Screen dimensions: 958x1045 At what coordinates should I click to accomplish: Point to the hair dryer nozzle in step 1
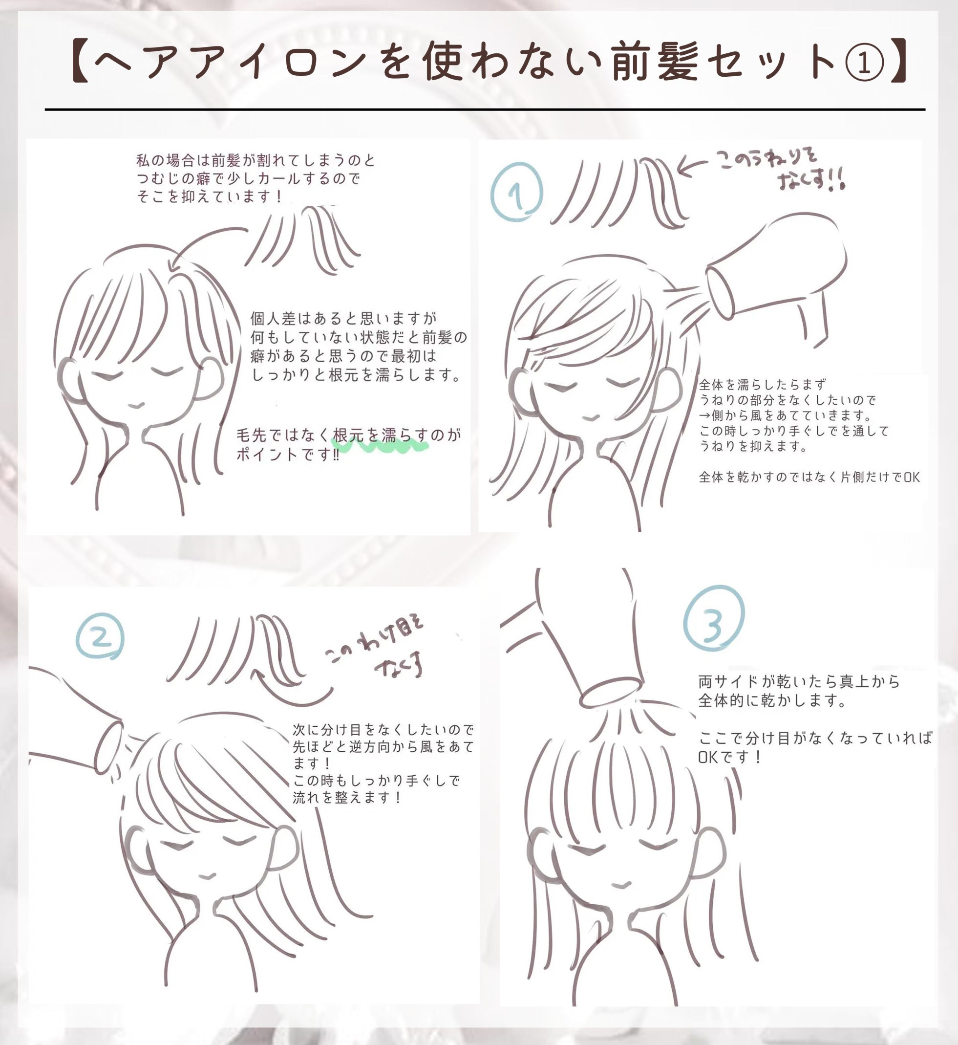pyautogui.click(x=722, y=292)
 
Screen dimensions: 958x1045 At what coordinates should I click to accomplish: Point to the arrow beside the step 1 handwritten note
pyautogui.click(x=692, y=167)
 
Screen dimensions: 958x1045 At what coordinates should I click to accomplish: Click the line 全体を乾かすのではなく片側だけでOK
pyautogui.click(x=809, y=477)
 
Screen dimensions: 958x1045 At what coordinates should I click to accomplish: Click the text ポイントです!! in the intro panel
pyautogui.click(x=288, y=454)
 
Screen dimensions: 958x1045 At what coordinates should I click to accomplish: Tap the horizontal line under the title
pyautogui.click(x=485, y=109)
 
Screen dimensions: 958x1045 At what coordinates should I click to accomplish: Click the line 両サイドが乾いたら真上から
pyautogui.click(x=799, y=681)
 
